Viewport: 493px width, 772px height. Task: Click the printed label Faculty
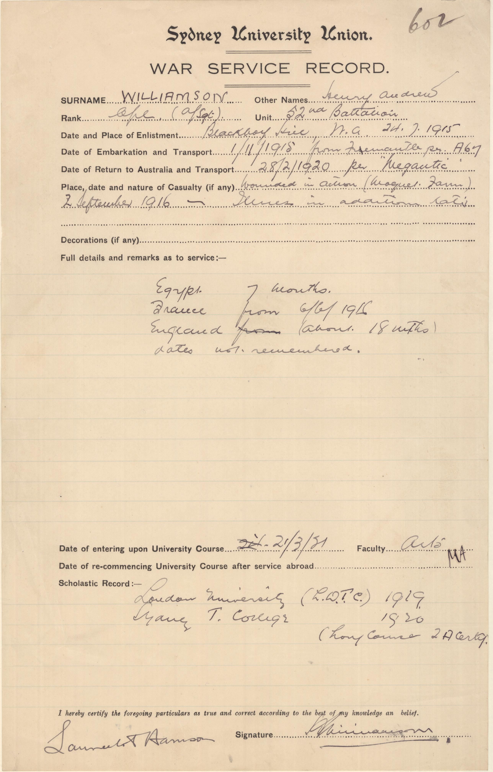point(371,549)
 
